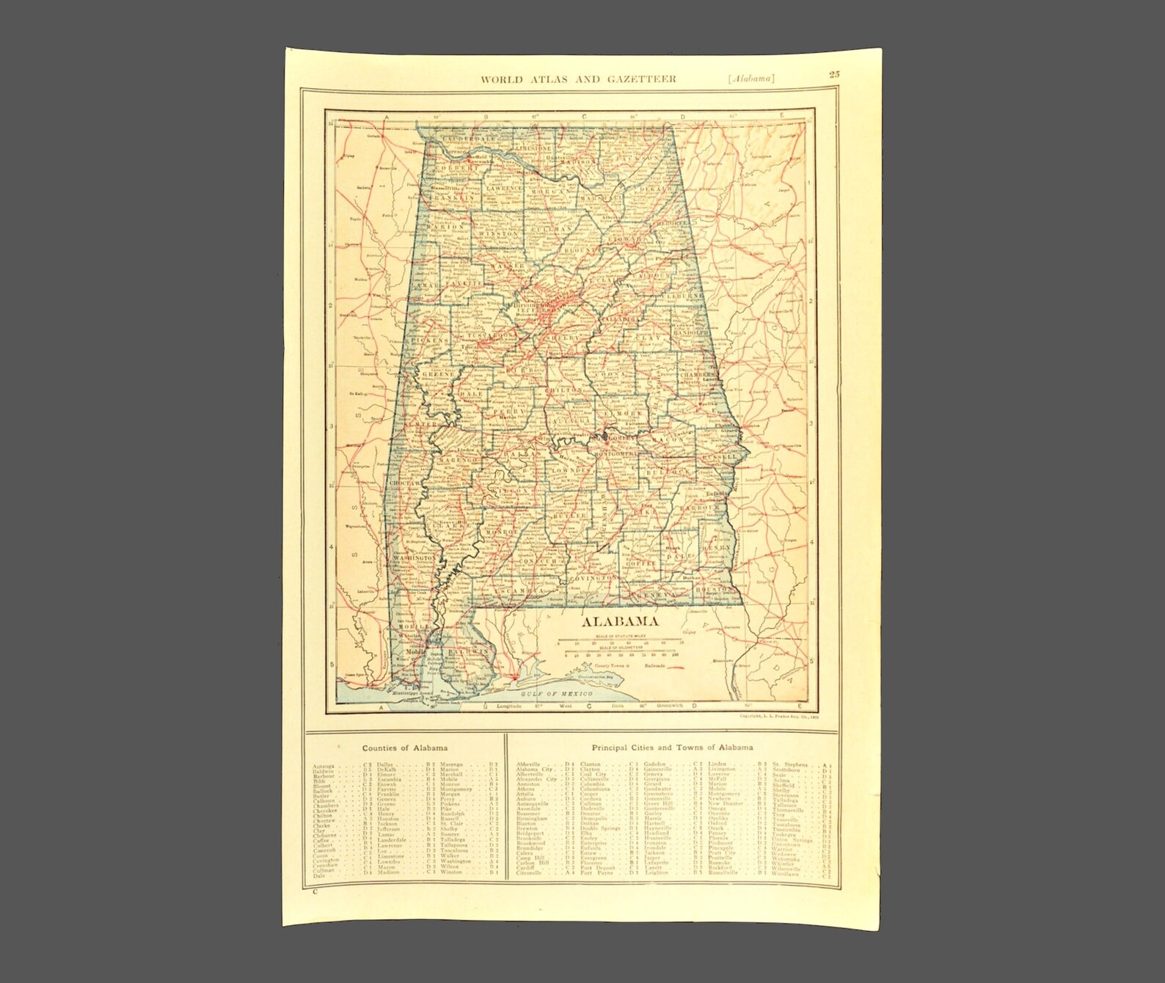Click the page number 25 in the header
click(x=835, y=73)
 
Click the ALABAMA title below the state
click(x=619, y=622)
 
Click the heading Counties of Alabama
click(x=406, y=748)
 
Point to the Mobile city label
click(x=416, y=651)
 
